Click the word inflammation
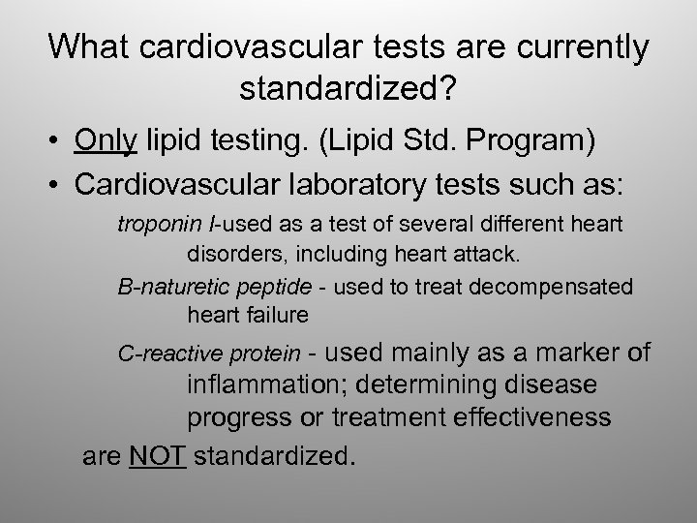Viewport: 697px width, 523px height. click(267, 385)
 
